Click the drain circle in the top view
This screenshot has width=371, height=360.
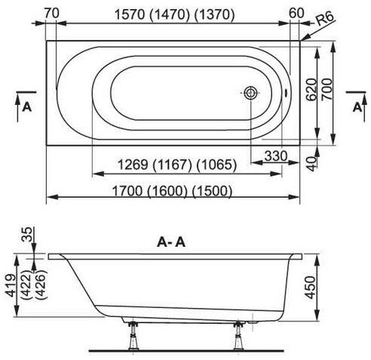(x=250, y=93)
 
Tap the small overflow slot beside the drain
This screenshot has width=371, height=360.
(x=286, y=93)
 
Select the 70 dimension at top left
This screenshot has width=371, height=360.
(x=52, y=13)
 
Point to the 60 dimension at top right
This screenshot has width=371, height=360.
(x=296, y=13)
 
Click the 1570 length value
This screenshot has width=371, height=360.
(x=130, y=14)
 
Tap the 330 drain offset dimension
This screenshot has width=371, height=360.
(x=276, y=156)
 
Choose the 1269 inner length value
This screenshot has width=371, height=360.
(x=133, y=165)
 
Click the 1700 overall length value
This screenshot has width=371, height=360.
(x=127, y=191)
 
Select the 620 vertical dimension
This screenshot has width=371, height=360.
(x=311, y=89)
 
